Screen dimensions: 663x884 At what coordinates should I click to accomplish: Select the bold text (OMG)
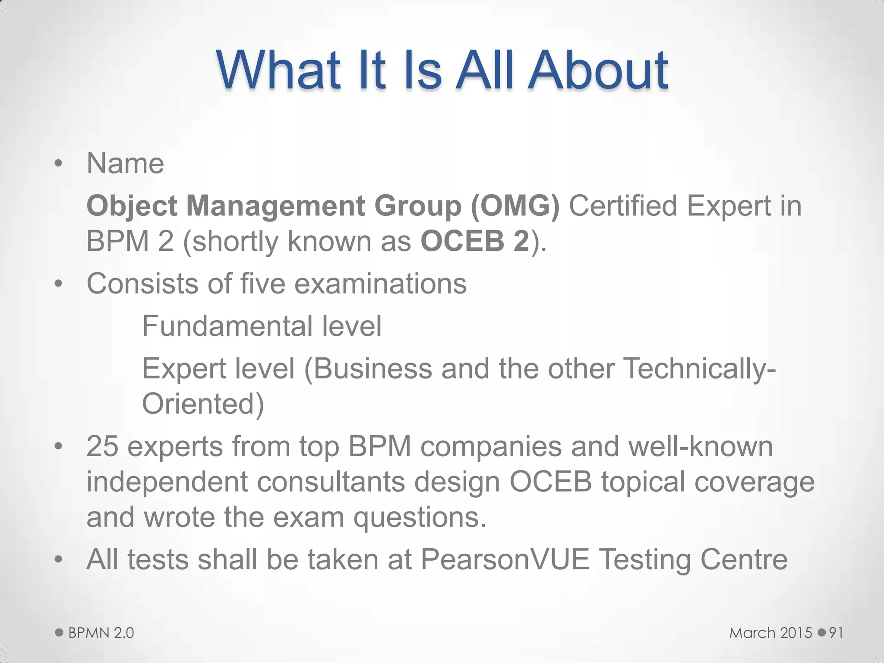515,205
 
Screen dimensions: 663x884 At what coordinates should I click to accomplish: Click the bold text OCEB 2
475,241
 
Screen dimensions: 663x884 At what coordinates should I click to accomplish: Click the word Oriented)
203,404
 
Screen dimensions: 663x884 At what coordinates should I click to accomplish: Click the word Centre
744,559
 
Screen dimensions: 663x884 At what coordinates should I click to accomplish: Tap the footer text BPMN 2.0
101,633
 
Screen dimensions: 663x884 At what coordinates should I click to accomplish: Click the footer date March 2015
771,633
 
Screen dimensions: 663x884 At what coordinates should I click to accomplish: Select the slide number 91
836,633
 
